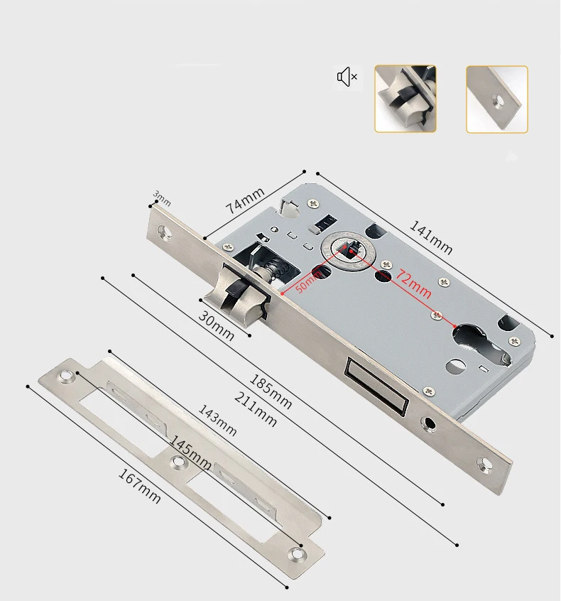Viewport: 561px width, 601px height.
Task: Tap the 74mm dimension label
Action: coord(245,202)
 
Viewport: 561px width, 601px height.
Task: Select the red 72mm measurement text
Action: coord(414,281)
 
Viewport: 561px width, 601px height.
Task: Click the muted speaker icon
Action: coord(347,77)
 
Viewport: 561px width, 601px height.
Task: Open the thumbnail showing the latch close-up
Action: coord(405,99)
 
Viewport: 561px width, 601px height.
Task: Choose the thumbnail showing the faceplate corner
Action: coord(497,99)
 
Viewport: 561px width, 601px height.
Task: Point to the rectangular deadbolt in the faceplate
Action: coord(374,386)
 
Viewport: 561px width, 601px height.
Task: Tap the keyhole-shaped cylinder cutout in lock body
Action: coord(472,344)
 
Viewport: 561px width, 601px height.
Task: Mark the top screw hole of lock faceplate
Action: coord(165,232)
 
